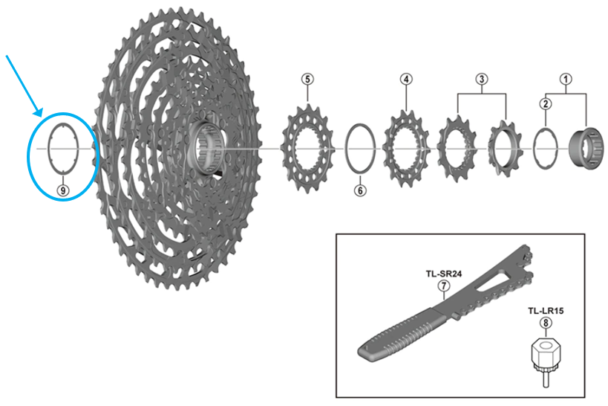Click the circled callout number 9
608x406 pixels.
62,190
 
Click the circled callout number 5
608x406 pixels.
308,79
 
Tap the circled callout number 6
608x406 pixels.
360,190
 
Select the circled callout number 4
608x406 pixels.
405,79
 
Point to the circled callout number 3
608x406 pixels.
482,79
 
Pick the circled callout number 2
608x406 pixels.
546,104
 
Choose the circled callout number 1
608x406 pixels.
566,79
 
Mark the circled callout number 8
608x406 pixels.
546,323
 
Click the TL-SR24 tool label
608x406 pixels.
443,274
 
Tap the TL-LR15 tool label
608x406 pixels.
546,311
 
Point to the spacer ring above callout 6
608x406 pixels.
360,150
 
